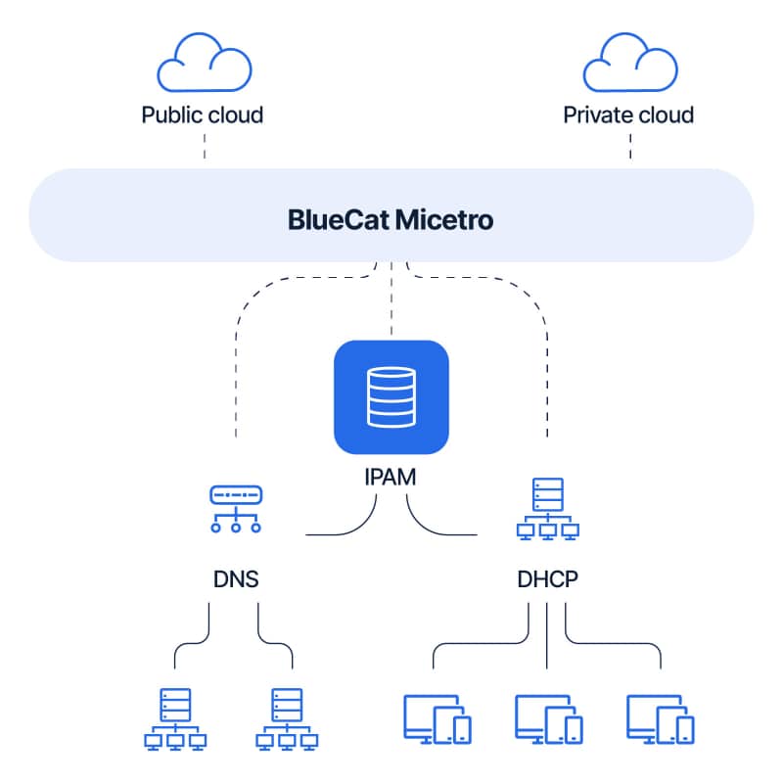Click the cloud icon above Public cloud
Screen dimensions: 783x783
click(203, 64)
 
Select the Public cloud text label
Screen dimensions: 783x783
click(203, 115)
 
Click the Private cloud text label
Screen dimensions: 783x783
click(628, 115)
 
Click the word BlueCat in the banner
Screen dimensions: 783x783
click(338, 219)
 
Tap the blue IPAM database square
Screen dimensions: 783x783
click(391, 397)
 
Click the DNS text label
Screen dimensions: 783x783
click(236, 578)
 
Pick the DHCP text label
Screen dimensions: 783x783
click(547, 578)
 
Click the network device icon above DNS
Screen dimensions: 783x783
click(236, 509)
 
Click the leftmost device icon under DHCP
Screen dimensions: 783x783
click(437, 718)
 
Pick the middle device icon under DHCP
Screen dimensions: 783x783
click(548, 718)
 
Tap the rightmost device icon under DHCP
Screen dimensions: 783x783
click(660, 718)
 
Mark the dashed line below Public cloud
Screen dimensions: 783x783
click(204, 148)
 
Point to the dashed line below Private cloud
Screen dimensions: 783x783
click(629, 148)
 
